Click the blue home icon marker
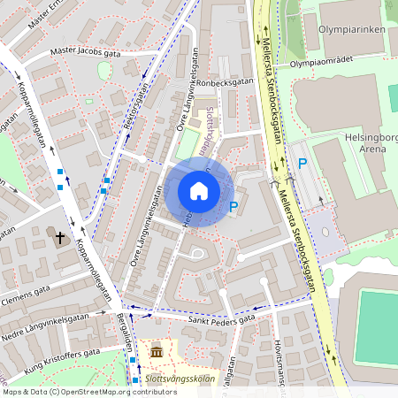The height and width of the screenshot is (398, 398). pyautogui.click(x=199, y=191)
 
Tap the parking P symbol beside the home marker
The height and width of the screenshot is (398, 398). pyautogui.click(x=233, y=207)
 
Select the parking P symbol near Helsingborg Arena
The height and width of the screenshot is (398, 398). pyautogui.click(x=302, y=163)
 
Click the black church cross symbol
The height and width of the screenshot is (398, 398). pyautogui.click(x=61, y=237)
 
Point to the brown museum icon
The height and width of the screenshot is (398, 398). pyautogui.click(x=157, y=353)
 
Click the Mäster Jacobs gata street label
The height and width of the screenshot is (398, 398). pyautogui.click(x=85, y=51)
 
